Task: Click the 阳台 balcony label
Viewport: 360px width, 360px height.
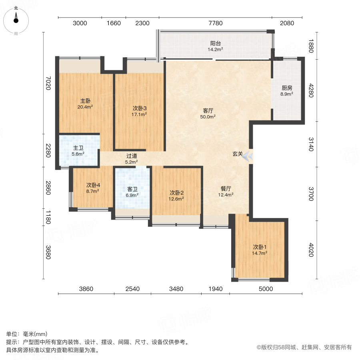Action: [216, 44]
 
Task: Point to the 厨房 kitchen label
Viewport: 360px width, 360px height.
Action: [287, 88]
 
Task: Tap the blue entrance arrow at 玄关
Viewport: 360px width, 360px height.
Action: [249, 156]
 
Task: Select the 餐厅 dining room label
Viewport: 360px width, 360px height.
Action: [226, 189]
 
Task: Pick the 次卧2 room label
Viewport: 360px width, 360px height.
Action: [176, 192]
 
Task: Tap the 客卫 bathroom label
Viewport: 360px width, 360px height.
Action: [132, 189]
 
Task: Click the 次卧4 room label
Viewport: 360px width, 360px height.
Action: [93, 185]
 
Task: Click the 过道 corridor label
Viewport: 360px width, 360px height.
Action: [132, 156]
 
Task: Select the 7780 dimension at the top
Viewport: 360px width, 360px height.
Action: [215, 23]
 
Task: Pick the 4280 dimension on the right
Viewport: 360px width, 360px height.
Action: [311, 93]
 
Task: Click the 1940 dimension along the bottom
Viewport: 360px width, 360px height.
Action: [215, 289]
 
